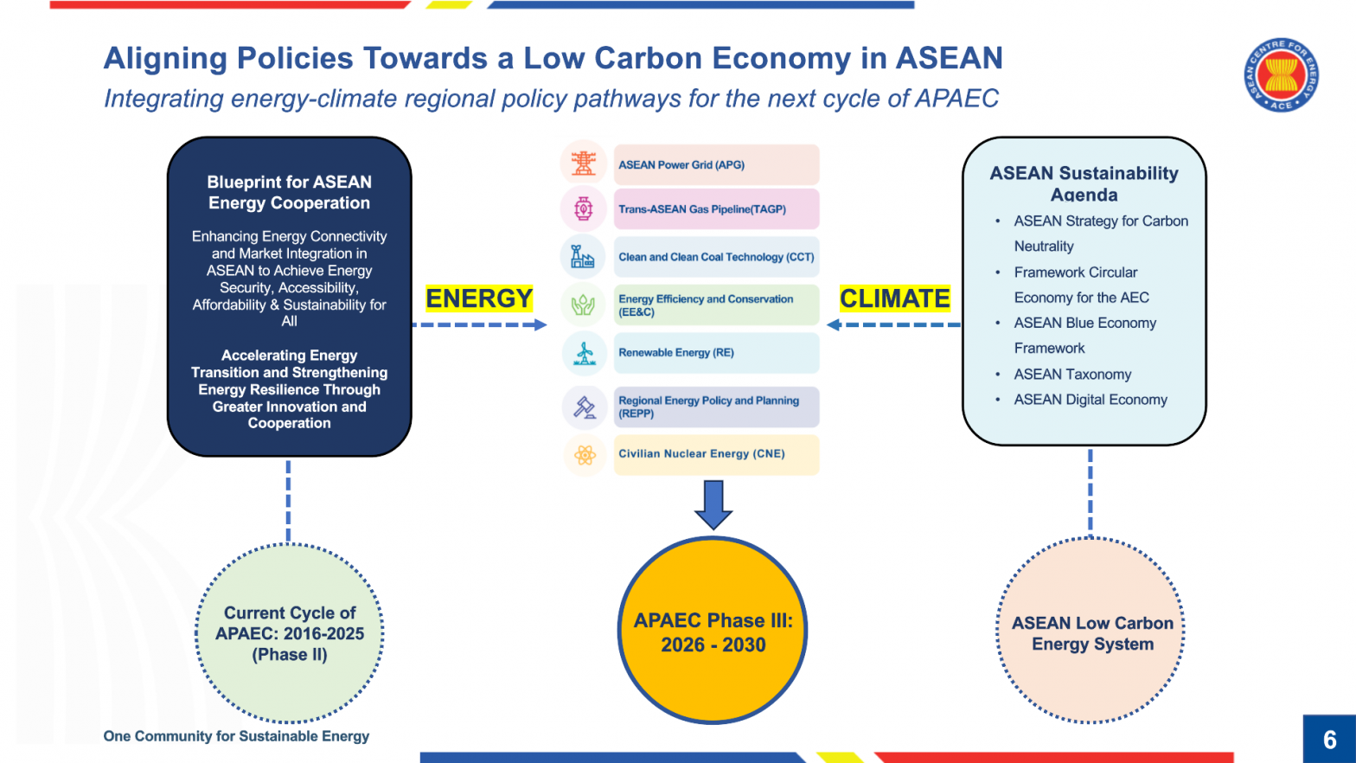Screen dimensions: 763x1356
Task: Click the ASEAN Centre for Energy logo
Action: coord(1281,75)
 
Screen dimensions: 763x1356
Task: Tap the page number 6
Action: coord(1329,740)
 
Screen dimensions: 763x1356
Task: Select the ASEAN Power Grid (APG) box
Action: coord(716,164)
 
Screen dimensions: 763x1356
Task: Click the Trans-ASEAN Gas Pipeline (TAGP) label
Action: coord(702,209)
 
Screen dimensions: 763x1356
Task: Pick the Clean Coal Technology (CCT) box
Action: coord(716,257)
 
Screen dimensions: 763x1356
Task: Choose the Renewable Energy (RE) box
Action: coord(716,353)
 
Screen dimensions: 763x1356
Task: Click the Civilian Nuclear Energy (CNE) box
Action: coord(716,454)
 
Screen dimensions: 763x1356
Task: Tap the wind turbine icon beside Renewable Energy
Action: coord(584,353)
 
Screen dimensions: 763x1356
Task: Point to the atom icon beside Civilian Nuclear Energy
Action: coord(585,455)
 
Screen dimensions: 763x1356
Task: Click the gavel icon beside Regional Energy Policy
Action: coord(585,407)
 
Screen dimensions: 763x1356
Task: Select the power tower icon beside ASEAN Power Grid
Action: coord(584,163)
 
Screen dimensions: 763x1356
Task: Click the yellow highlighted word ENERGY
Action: coord(479,298)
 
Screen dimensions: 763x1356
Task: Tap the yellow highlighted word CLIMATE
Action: coord(894,298)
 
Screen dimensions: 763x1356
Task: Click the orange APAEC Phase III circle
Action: coord(713,632)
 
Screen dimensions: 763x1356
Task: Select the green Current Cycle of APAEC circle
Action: coord(290,633)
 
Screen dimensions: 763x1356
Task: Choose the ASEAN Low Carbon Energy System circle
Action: coord(1091,632)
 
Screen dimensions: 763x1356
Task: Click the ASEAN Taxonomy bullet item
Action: coord(1072,375)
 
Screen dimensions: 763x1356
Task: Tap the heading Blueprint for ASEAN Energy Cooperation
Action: coord(289,192)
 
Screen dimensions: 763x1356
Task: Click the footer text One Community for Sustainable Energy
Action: coord(236,736)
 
